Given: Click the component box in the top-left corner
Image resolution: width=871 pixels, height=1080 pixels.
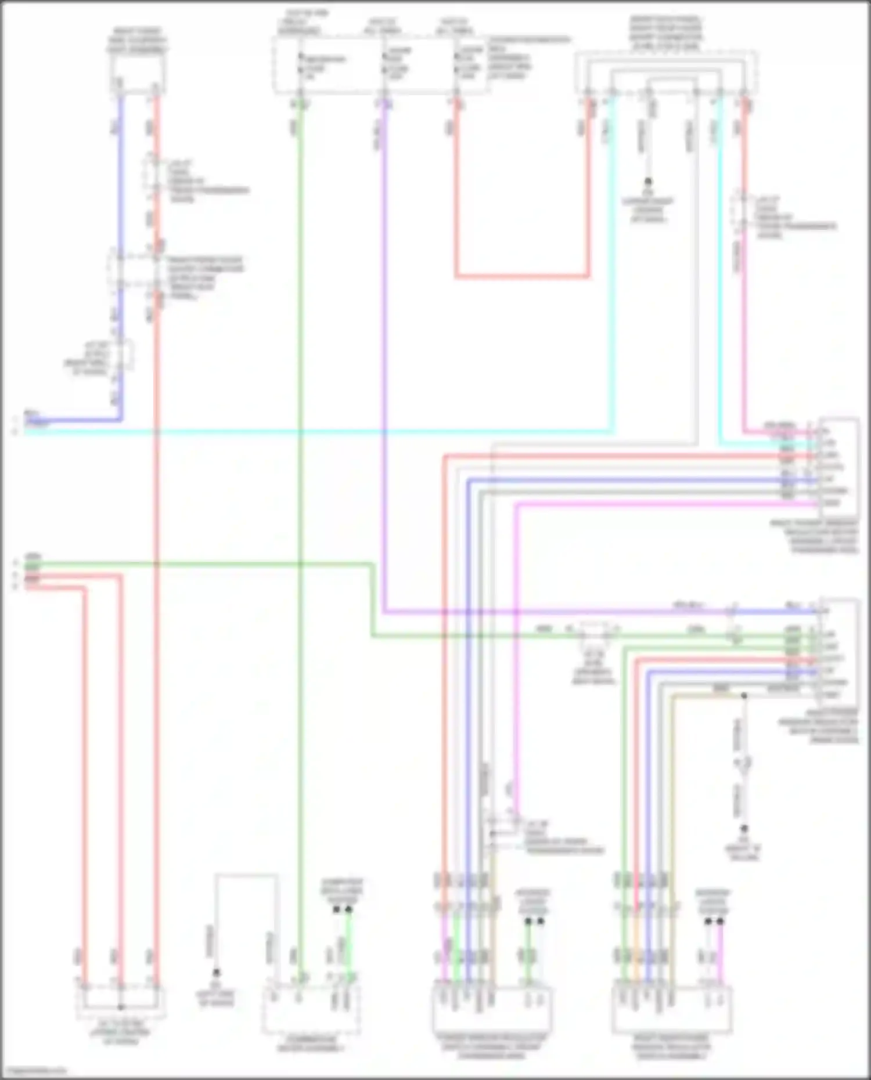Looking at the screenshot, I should (136, 75).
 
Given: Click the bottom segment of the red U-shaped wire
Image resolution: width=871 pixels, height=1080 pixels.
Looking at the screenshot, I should (523, 276).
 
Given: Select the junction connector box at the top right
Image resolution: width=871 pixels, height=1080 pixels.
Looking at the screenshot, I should (666, 73).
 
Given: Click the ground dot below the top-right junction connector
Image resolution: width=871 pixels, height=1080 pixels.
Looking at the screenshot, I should (648, 182).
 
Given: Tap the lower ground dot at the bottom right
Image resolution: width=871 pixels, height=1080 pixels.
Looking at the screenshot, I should (744, 829).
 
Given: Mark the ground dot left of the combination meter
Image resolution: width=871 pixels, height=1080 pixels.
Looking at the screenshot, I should (216, 972).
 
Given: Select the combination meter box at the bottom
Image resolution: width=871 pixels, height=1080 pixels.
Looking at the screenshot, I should (311, 1010).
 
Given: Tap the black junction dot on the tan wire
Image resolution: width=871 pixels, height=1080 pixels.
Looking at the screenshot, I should (744, 695).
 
